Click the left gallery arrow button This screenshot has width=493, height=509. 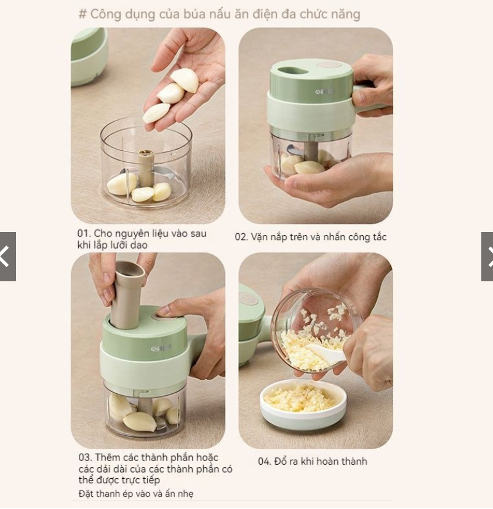coord(7,257)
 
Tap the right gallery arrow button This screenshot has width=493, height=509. coord(487,257)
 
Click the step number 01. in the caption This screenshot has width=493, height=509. coord(84,233)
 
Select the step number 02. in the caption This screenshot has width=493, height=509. coord(241,237)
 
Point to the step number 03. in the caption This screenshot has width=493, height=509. coord(86,457)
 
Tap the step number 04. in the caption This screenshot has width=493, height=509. coord(265,461)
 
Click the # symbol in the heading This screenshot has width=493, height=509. coord(82,14)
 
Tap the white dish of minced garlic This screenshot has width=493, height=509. coord(303,404)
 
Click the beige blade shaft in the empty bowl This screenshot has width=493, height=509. coord(146,169)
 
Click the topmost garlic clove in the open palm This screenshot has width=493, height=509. coord(185,79)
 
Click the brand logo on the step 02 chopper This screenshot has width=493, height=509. coord(323,92)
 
